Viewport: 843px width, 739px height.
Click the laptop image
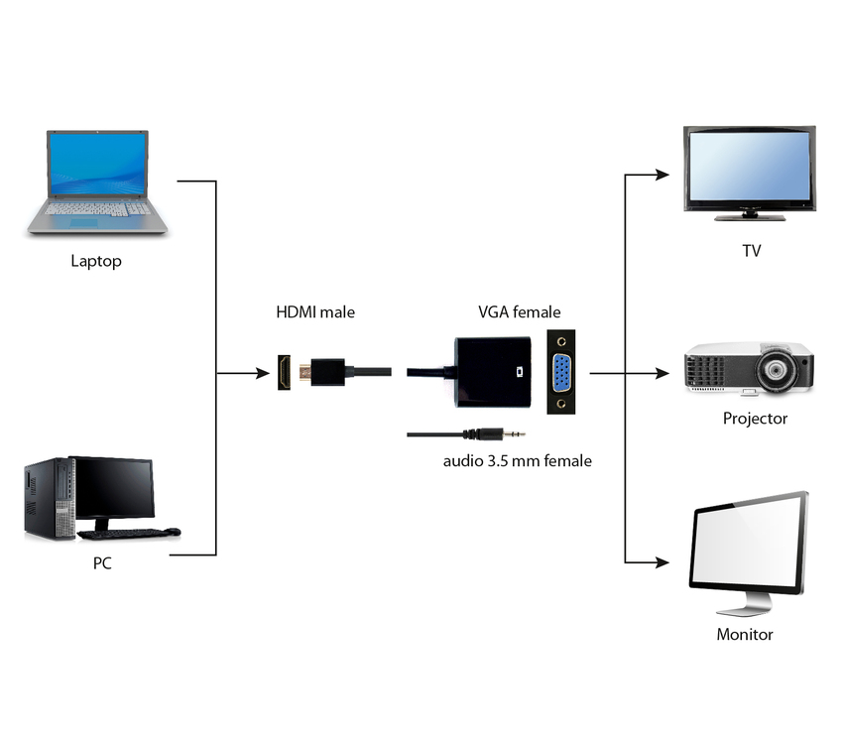coord(97,183)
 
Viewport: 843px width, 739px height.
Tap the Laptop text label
coord(96,262)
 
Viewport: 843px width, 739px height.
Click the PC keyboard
coord(122,534)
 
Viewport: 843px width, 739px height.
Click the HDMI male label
coord(314,312)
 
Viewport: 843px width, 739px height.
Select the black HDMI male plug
coord(327,374)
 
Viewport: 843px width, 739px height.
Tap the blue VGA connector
coord(560,374)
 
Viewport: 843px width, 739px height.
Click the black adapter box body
coord(490,373)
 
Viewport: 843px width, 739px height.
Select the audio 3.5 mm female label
coord(517,461)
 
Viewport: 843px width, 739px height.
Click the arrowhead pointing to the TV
coord(662,175)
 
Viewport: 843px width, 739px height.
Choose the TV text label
coord(751,251)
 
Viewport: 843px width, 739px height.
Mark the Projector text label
coord(755,419)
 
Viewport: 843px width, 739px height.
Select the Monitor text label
coord(744,635)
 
